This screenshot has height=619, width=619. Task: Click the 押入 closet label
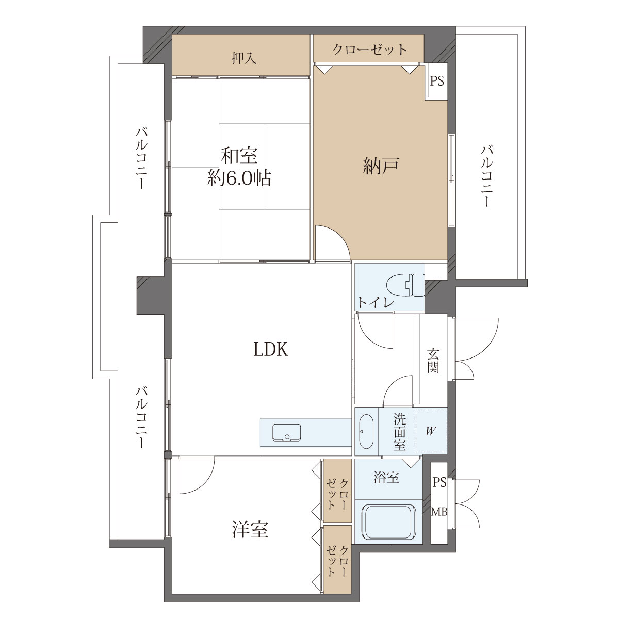(x=244, y=59)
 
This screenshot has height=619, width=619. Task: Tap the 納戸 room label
(x=381, y=166)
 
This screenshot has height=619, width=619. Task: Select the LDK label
(x=270, y=350)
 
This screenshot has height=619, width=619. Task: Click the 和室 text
(x=239, y=156)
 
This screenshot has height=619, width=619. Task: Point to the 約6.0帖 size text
(x=239, y=178)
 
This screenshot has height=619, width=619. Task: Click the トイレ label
(x=376, y=302)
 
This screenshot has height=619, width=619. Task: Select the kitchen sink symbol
(x=286, y=433)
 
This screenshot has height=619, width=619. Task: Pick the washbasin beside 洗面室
(x=366, y=431)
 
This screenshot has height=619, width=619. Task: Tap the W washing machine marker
(x=430, y=431)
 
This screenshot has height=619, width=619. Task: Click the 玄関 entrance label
(x=433, y=361)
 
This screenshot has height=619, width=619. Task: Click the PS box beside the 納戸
(x=437, y=81)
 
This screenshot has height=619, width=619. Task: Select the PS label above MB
(x=439, y=482)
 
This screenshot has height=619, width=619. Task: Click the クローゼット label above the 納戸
(x=370, y=50)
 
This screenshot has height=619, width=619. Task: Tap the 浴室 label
(x=386, y=477)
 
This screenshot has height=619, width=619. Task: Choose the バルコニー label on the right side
(x=486, y=176)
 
